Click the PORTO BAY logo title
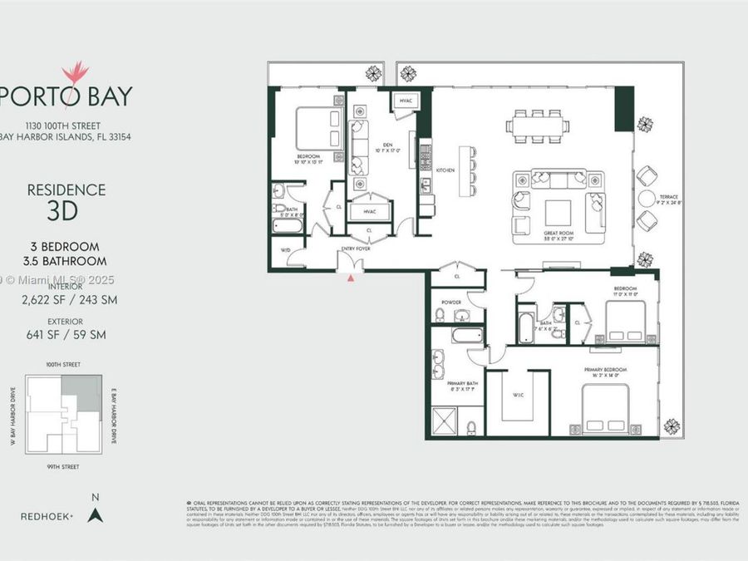point(66,96)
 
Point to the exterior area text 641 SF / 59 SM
point(66,335)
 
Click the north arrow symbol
point(95,515)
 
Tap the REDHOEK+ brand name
point(47,516)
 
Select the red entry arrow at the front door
point(352,278)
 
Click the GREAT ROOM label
point(551,234)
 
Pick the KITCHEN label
point(445,170)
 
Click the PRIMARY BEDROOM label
point(610,369)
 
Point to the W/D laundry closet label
point(286,249)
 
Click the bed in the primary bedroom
point(611,411)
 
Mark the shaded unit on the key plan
point(85,392)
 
